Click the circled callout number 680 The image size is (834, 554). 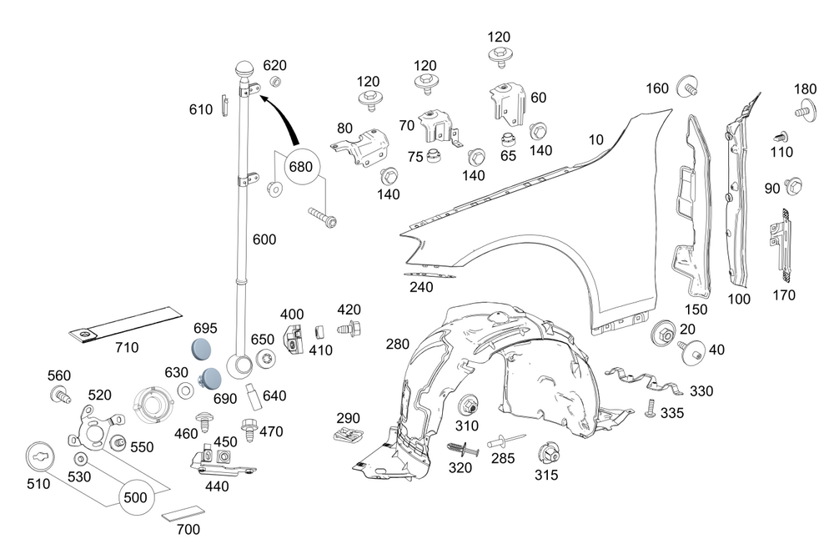click(x=300, y=167)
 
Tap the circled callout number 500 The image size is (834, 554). click(x=135, y=497)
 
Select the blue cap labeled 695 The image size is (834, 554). click(x=201, y=347)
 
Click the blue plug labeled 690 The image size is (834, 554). click(x=211, y=377)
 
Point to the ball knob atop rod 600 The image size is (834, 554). click(x=245, y=70)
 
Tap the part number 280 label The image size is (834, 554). click(x=397, y=344)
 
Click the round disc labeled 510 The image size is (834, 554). click(x=40, y=457)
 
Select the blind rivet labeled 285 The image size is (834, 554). click(x=506, y=441)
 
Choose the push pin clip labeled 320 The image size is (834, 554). click(x=463, y=448)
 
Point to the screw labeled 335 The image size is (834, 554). click(x=648, y=408)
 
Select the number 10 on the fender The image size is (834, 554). click(x=595, y=139)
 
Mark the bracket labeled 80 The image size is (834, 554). click(x=360, y=147)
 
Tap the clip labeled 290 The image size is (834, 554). click(x=349, y=434)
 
